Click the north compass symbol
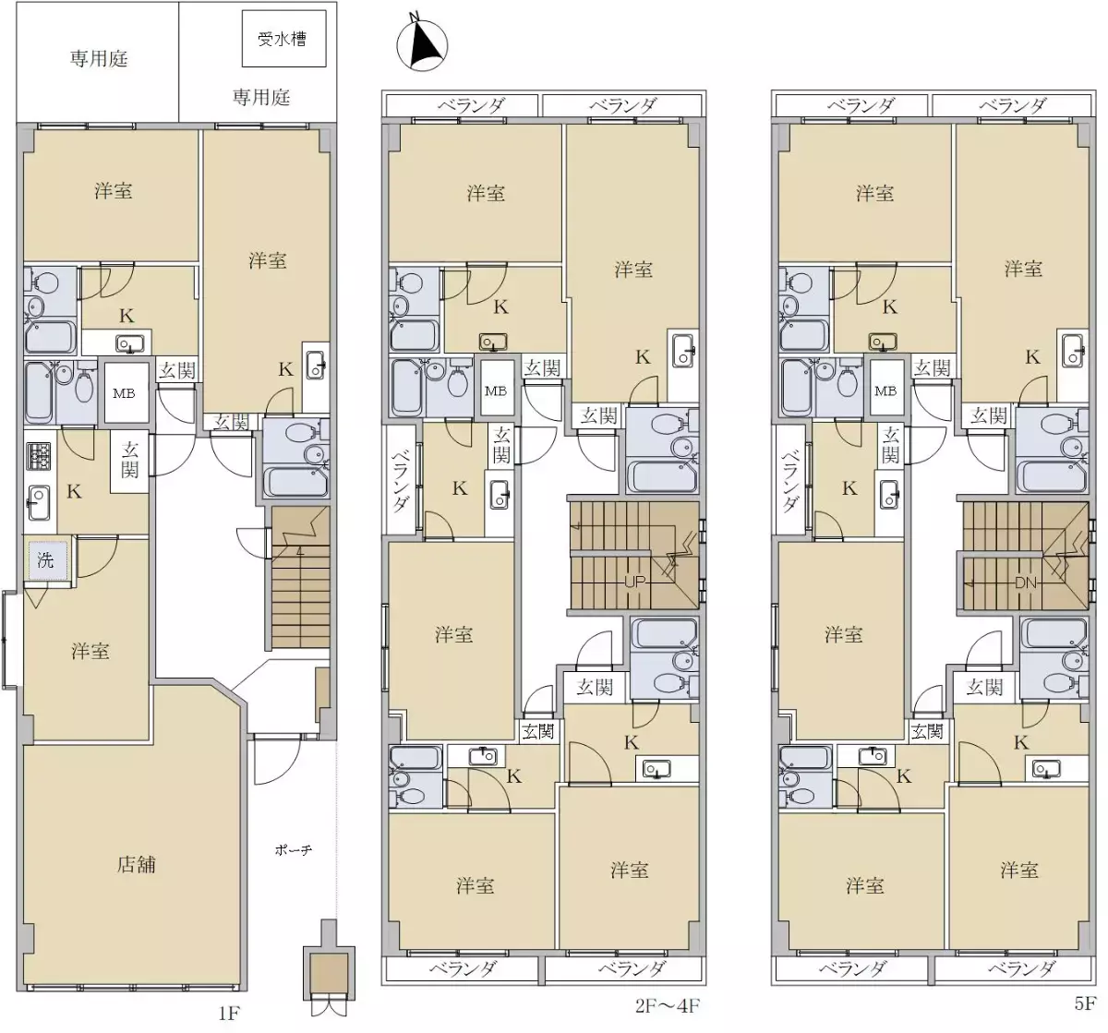(421, 44)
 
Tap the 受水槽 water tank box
(283, 39)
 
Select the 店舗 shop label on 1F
(136, 865)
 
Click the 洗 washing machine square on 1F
(46, 560)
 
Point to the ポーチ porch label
(293, 849)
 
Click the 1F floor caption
(228, 1014)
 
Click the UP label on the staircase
(634, 582)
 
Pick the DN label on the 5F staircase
(1025, 583)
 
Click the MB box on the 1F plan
(124, 393)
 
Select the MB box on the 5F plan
(885, 390)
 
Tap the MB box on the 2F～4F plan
(496, 390)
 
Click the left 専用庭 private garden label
(99, 59)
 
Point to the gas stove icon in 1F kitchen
(39, 455)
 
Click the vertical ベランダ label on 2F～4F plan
(400, 480)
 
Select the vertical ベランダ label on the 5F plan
(790, 480)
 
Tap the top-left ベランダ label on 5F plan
(861, 105)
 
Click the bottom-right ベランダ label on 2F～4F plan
(632, 968)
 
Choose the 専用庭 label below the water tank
(261, 97)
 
